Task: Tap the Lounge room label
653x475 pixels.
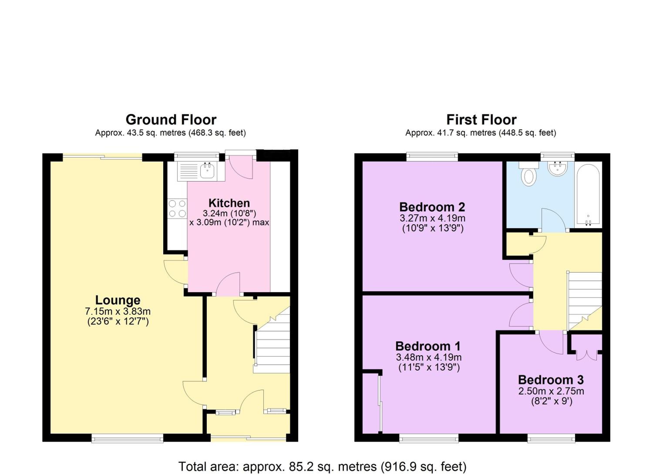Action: (118, 300)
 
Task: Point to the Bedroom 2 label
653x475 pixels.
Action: (432, 207)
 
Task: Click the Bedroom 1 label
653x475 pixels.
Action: (428, 346)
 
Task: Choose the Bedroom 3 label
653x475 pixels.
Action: (551, 380)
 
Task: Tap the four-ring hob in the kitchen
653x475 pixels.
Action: (177, 209)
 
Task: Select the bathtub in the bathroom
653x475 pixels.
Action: (588, 195)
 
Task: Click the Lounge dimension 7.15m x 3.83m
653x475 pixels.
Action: (118, 312)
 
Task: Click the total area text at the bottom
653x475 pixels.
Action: (322, 466)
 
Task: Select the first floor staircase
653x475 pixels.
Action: (584, 301)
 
